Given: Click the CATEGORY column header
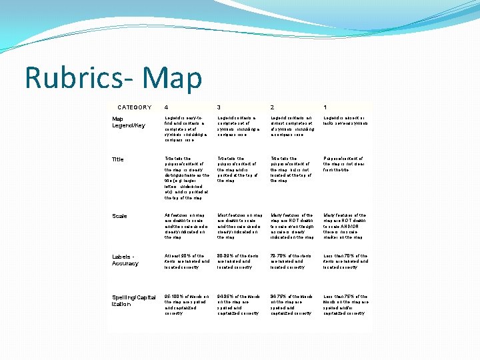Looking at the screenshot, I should pyautogui.click(x=134, y=107).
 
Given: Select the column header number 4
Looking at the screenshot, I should pyautogui.click(x=167, y=107).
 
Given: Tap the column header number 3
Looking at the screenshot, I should pyautogui.click(x=219, y=107).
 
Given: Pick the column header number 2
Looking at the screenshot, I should pyautogui.click(x=272, y=107).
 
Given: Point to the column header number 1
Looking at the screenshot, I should pyautogui.click(x=325, y=107).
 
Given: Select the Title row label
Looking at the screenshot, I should pyautogui.click(x=118, y=159).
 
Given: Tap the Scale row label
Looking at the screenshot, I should pyautogui.click(x=119, y=216).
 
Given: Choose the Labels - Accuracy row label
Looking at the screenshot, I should pyautogui.click(x=125, y=259).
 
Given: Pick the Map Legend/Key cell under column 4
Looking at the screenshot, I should pyautogui.click(x=187, y=127).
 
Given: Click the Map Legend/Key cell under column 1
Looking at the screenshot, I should pyautogui.click(x=345, y=121).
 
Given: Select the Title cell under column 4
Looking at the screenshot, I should pyautogui.click(x=187, y=178).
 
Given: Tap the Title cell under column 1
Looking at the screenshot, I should pyautogui.click(x=344, y=165).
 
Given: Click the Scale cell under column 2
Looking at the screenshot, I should pyautogui.click(x=292, y=226).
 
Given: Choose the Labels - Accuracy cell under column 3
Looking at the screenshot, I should pyautogui.click(x=239, y=261).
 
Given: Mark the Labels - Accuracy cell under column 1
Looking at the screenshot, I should pyautogui.click(x=345, y=261).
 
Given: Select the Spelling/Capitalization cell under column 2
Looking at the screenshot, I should pyautogui.click(x=292, y=304).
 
